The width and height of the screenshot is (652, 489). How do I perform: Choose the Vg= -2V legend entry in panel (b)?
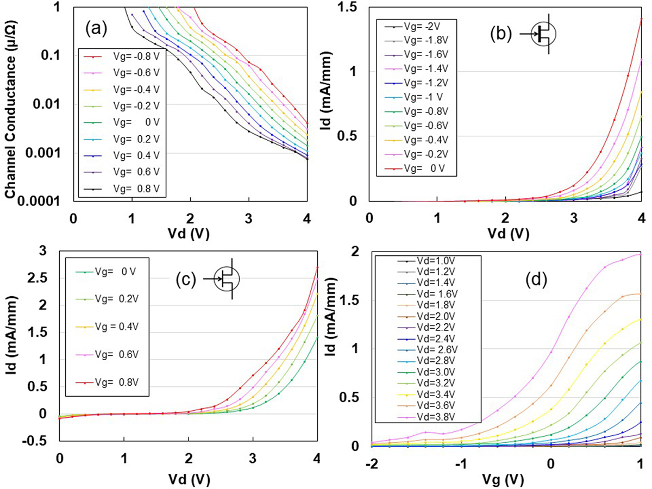[x=422, y=27]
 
